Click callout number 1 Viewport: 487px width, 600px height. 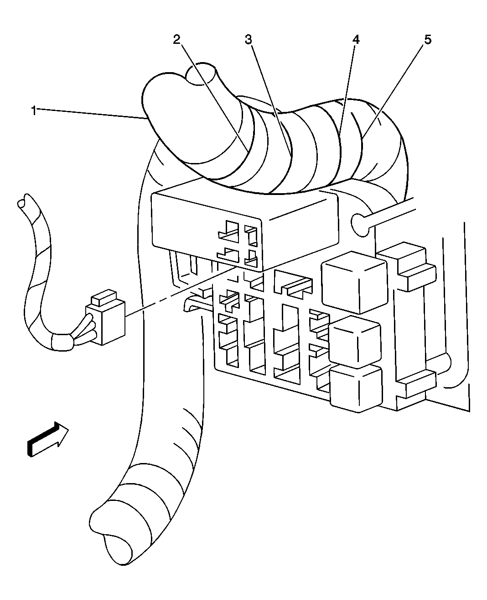pos(34,111)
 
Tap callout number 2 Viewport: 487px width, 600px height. pos(176,40)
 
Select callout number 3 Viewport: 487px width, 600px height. pos(248,40)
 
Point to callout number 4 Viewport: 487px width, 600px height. pos(356,40)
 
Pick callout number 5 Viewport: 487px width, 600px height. pos(428,40)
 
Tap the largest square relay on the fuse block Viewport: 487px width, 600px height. pos(354,282)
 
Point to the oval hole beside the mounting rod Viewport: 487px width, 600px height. pos(360,225)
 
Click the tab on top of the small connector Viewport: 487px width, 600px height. pos(104,297)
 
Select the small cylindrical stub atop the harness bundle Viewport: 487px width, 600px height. pos(201,74)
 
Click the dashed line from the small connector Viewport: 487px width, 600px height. pos(181,292)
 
